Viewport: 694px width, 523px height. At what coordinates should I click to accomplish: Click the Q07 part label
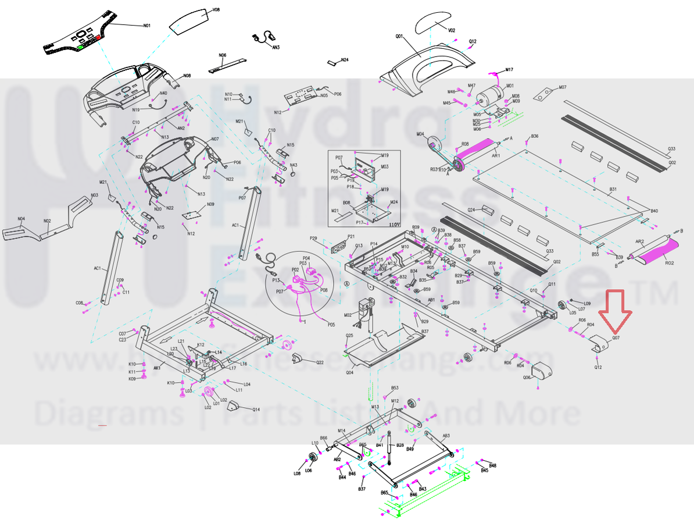(616, 337)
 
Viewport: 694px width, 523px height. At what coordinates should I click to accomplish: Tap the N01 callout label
(146, 26)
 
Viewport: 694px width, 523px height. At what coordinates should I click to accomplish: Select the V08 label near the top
(216, 10)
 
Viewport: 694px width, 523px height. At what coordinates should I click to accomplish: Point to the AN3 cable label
(276, 47)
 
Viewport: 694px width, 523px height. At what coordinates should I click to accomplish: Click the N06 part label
(222, 55)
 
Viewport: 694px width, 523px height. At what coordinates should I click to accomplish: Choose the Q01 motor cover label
(399, 36)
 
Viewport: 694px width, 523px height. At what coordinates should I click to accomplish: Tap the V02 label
(452, 30)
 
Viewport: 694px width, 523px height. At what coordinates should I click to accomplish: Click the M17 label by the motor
(509, 70)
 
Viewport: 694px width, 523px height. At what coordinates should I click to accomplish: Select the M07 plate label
(562, 87)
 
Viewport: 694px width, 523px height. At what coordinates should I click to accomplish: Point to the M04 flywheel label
(420, 134)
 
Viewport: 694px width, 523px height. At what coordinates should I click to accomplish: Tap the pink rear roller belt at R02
(661, 252)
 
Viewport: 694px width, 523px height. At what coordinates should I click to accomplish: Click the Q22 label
(320, 362)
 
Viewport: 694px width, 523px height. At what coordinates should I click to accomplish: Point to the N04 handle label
(21, 219)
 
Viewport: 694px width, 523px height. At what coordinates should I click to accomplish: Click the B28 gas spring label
(400, 445)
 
